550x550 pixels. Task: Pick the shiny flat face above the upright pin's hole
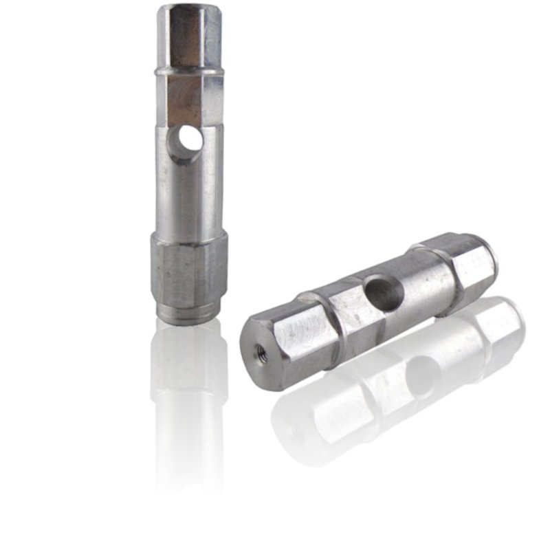(x=184, y=102)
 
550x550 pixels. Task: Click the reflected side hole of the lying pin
(x=419, y=375)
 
